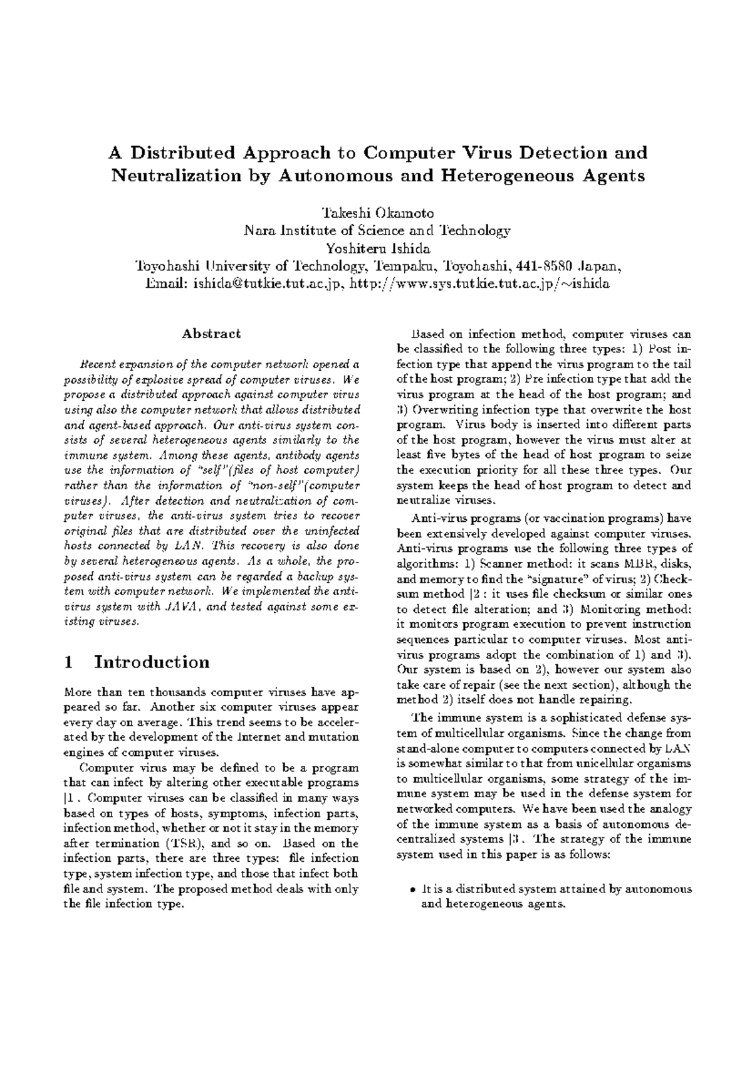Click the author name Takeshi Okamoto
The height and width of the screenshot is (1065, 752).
pos(377,213)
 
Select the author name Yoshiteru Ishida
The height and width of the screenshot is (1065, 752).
pos(377,248)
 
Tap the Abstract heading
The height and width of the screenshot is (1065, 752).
pos(211,334)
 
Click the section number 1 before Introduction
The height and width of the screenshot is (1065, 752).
pos(70,662)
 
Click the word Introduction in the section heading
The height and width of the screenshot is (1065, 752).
pos(151,662)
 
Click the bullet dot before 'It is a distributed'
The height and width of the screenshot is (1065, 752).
pos(412,889)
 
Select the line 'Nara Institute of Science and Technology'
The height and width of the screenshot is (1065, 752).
pos(377,230)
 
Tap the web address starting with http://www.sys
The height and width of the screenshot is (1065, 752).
pos(479,283)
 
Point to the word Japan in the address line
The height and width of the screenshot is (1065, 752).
pos(600,266)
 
